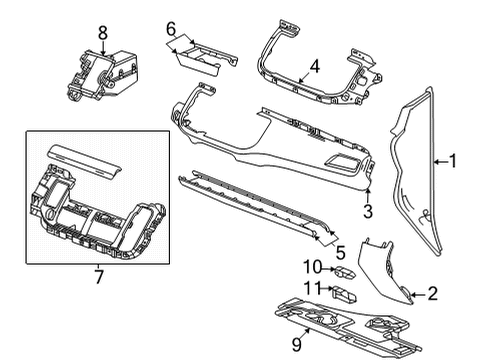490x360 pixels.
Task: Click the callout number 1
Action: coord(453,158)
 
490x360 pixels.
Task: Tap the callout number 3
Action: coord(367,210)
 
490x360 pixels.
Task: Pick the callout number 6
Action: coord(170,28)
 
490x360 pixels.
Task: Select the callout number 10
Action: coord(312,267)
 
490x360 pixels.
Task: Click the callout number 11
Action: coord(312,291)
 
